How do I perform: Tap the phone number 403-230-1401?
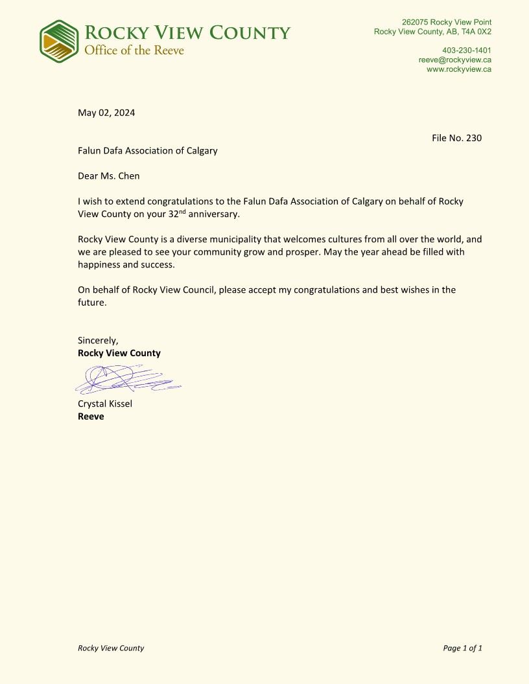466,51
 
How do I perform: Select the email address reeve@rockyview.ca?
454,60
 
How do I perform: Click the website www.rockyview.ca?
458,69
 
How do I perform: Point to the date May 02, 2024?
106,113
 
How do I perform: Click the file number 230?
474,138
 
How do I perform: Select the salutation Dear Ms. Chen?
108,176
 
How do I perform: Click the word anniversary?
214,214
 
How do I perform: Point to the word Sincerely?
98,340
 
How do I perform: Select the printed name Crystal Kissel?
105,404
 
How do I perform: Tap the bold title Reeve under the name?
91,416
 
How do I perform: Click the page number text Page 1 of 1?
462,648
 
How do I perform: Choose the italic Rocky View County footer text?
111,648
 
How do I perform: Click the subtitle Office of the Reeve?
134,51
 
